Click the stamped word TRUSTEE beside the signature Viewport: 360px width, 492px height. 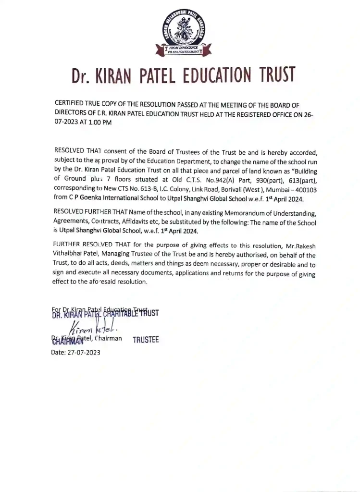coord(146,340)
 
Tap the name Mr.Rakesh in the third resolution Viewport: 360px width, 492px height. coord(299,246)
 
